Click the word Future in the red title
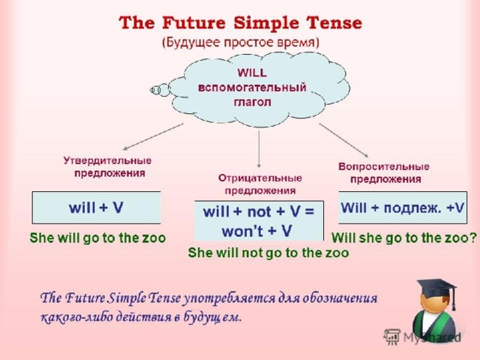[x=193, y=23]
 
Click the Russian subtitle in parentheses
[x=241, y=42]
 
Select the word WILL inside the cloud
[x=252, y=73]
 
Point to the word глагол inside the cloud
[x=252, y=102]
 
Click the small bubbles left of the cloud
[x=160, y=90]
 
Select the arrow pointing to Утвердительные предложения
[x=153, y=136]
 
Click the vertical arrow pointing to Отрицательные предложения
[x=259, y=149]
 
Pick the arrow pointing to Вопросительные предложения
[x=343, y=140]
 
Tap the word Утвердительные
[x=107, y=160]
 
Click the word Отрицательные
[x=260, y=178]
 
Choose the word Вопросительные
[x=384, y=166]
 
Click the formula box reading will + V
[x=97, y=208]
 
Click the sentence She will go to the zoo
[x=97, y=238]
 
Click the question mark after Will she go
[x=472, y=238]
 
